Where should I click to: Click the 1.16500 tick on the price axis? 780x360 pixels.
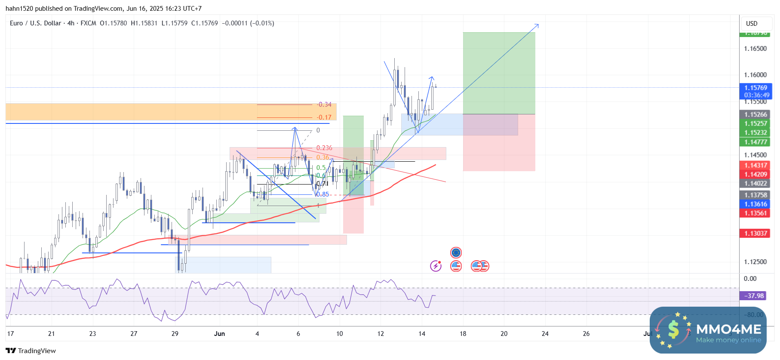coord(755,49)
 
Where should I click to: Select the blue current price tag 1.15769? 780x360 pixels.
coord(755,88)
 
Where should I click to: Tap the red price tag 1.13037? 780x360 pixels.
coord(755,234)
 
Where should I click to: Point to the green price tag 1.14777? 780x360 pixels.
coord(755,142)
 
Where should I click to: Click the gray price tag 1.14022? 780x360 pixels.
coord(755,184)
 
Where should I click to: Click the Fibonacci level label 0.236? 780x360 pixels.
coord(324,148)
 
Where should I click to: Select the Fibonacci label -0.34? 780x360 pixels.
coord(324,105)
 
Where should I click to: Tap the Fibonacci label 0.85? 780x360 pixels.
coord(322,194)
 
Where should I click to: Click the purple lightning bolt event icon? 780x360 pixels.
coord(436,266)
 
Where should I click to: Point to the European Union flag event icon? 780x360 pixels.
coord(456,252)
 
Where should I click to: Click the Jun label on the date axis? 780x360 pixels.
coord(219,334)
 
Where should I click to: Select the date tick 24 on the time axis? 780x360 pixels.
coord(545,334)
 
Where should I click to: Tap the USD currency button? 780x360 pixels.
coord(752,24)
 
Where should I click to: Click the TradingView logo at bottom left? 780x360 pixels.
coord(31,351)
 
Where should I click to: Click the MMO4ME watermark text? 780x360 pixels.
coord(728,330)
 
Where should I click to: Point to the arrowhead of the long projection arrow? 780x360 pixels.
coord(537,25)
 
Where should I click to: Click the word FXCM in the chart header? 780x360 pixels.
coord(88,23)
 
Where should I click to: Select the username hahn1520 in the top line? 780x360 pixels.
coord(21,9)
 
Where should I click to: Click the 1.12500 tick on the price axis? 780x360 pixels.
coord(755,262)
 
